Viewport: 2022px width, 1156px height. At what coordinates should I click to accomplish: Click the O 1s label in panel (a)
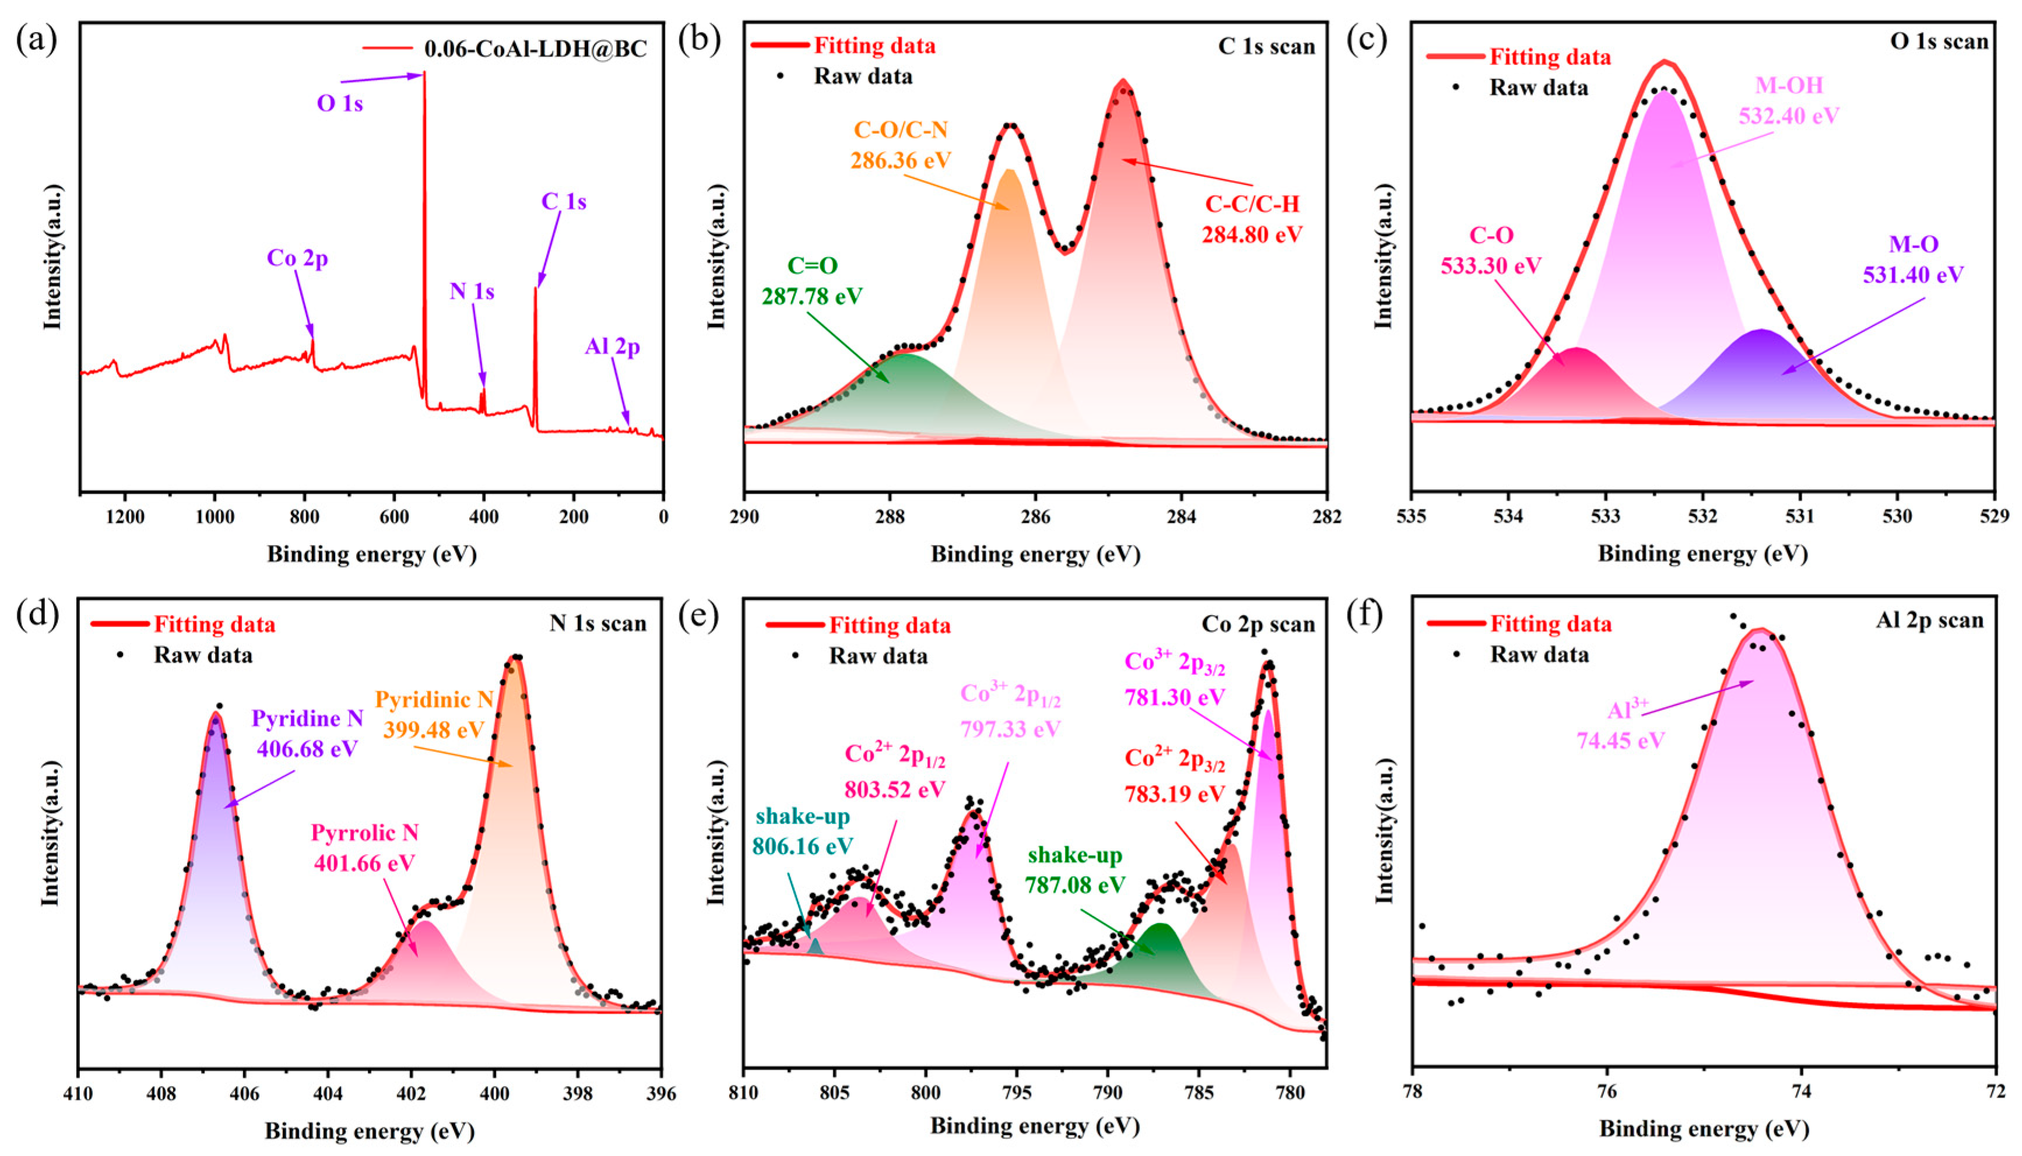pyautogui.click(x=340, y=104)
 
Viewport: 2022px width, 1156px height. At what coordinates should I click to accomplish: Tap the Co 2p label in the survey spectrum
pyautogui.click(x=297, y=258)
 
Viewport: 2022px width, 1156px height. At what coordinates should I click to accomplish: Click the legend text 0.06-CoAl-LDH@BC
pyautogui.click(x=535, y=48)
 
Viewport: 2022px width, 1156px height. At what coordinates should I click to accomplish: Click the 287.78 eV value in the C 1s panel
pyautogui.click(x=812, y=296)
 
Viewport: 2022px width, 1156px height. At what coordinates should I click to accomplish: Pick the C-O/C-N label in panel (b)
pyautogui.click(x=901, y=129)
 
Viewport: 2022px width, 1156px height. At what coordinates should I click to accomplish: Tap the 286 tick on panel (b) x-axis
pyautogui.click(x=1035, y=517)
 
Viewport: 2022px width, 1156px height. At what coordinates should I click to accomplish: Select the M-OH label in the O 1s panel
pyautogui.click(x=1789, y=85)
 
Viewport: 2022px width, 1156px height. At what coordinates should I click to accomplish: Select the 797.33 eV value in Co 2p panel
pyautogui.click(x=1010, y=728)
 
